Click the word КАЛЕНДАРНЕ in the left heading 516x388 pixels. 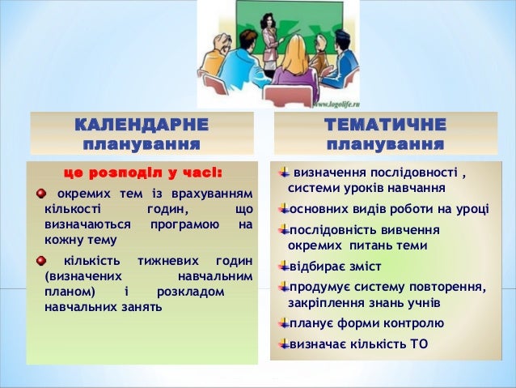142,126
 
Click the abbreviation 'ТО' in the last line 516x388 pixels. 419,343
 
